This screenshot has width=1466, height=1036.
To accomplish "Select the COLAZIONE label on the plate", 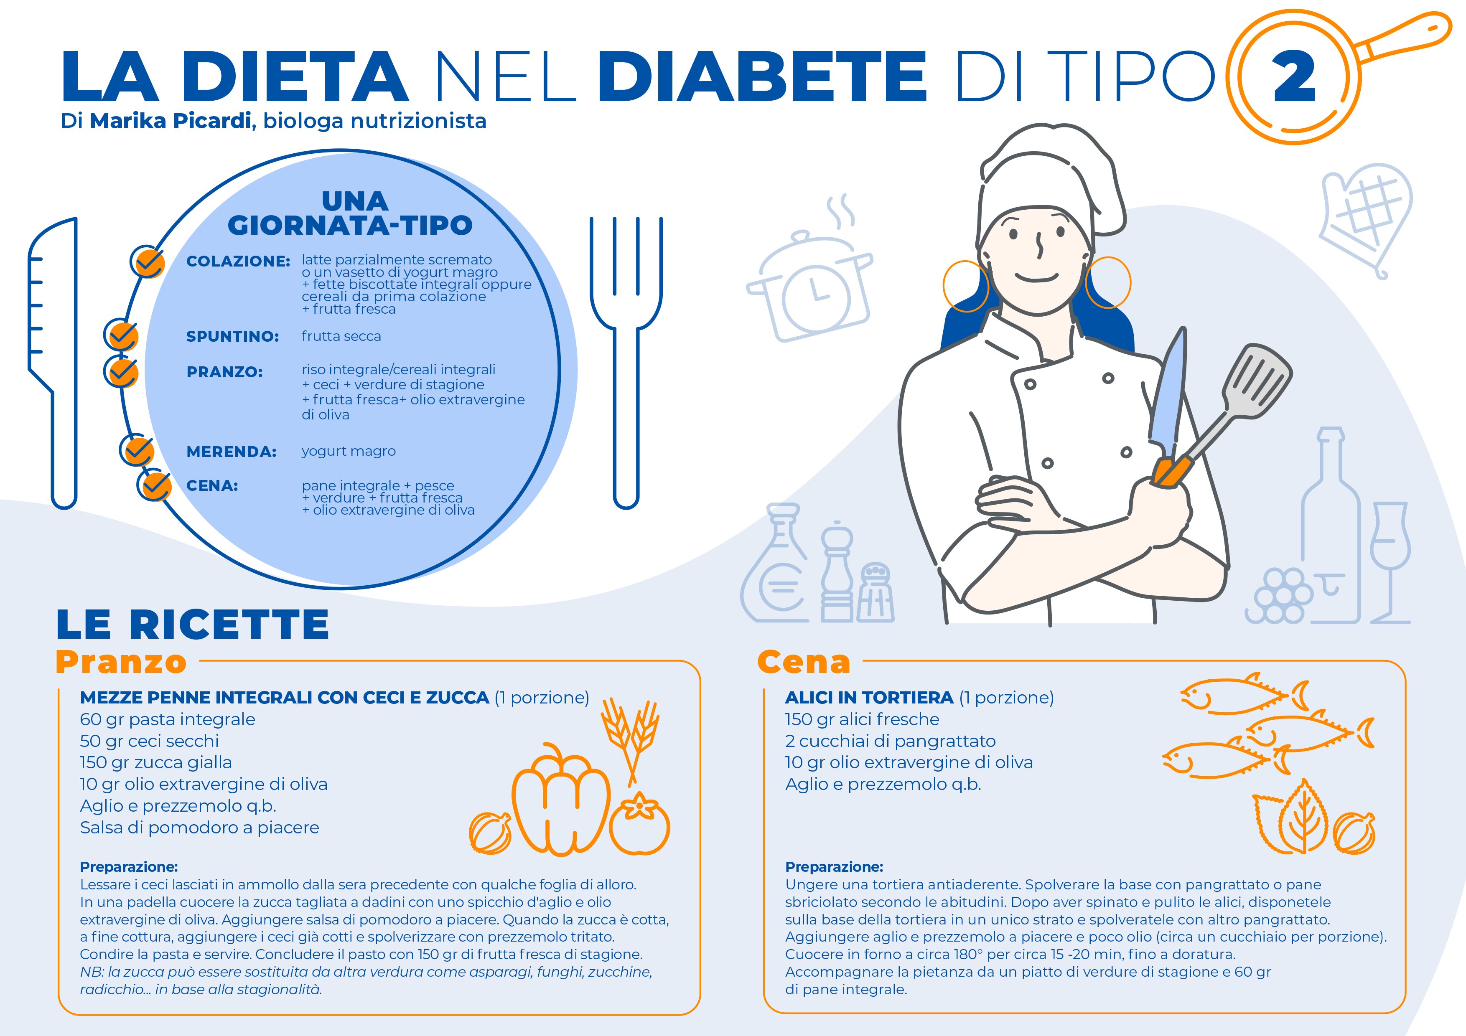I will pyautogui.click(x=238, y=261).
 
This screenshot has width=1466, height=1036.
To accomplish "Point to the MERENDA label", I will pyautogui.click(x=231, y=452).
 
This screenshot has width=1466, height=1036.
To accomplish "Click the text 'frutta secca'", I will pyautogui.click(x=341, y=336).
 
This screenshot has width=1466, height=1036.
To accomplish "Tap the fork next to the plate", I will pyautogui.click(x=626, y=358).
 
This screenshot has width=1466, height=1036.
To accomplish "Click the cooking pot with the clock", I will pyautogui.click(x=811, y=287).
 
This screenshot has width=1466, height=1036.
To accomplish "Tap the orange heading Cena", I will pyautogui.click(x=803, y=662).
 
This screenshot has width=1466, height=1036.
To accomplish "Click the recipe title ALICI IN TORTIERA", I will pyautogui.click(x=868, y=698).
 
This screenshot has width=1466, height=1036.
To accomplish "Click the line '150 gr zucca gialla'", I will pyautogui.click(x=156, y=763).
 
